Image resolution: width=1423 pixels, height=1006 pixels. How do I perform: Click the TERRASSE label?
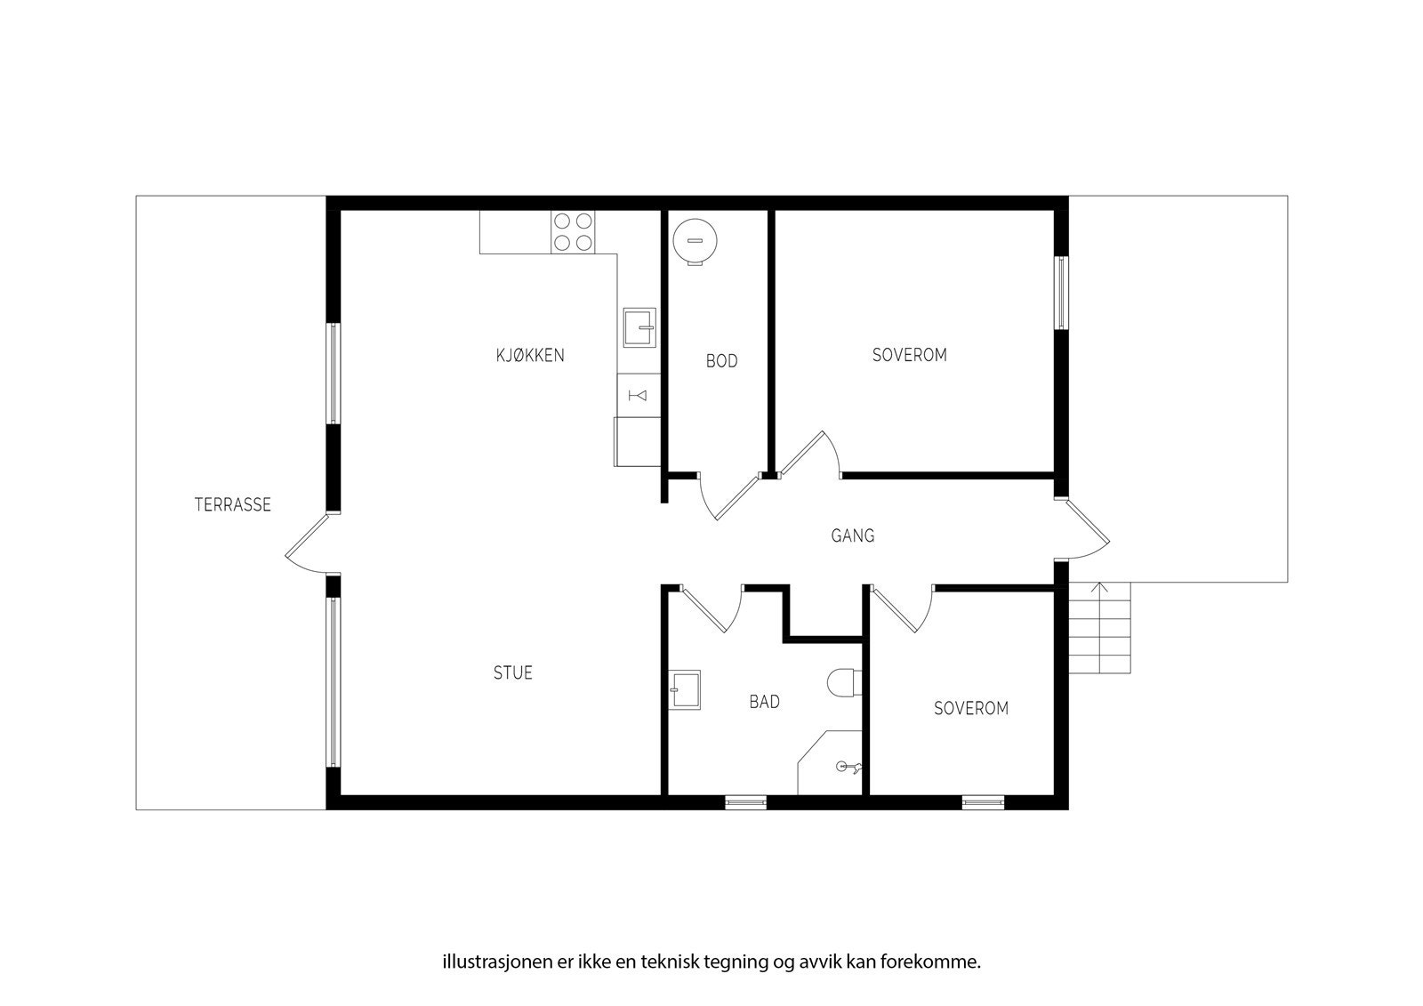(x=232, y=504)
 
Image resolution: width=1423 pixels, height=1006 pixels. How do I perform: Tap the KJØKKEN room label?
(x=530, y=355)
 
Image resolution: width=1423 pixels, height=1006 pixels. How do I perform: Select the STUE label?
(x=513, y=672)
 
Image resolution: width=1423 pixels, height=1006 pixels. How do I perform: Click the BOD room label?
(x=721, y=361)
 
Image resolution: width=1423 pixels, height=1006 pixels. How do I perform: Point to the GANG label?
(x=853, y=535)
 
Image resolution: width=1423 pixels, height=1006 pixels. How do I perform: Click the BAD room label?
(x=764, y=702)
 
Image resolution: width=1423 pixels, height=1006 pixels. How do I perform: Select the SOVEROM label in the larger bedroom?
(x=909, y=355)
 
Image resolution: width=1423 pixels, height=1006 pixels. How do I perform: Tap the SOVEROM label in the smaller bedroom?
(x=971, y=709)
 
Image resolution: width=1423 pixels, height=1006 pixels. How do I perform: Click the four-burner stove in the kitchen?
(x=573, y=231)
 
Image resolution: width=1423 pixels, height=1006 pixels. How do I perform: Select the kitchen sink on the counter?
(x=639, y=326)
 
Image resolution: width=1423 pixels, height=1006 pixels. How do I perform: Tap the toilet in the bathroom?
(x=842, y=683)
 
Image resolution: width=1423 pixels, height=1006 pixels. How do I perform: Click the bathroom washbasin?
(x=685, y=689)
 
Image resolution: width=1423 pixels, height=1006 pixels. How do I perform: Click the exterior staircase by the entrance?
(x=1099, y=628)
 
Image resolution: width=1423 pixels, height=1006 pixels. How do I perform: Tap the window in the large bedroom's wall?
(x=1061, y=293)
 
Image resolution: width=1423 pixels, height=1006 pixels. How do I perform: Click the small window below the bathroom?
(x=745, y=802)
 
